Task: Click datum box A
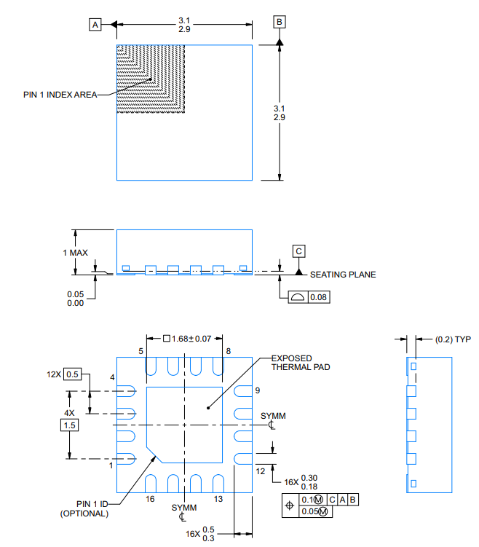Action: [x=95, y=25]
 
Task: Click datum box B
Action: [x=279, y=22]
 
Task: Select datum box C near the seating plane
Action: [x=299, y=251]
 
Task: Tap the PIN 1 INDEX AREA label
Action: [x=59, y=95]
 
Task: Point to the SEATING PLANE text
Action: [x=343, y=275]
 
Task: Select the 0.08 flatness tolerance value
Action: [x=318, y=297]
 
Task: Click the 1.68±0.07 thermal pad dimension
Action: [x=186, y=338]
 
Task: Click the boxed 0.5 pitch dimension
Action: [x=72, y=374]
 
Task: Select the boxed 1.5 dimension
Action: [x=69, y=425]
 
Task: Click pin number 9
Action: [x=257, y=390]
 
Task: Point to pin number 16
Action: [x=150, y=499]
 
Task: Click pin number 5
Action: [x=142, y=352]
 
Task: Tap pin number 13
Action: [x=218, y=499]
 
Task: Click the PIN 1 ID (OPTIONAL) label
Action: [x=84, y=508]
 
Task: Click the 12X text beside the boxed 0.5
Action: [x=54, y=374]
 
